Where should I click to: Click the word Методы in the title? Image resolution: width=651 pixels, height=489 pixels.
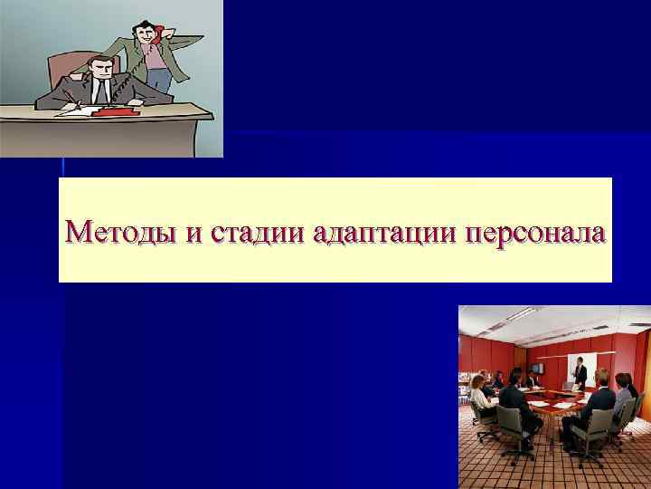pos(122,232)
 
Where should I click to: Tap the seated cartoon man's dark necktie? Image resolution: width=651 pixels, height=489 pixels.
pos(102,90)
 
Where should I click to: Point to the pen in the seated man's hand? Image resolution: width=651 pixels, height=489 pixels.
pos(71,98)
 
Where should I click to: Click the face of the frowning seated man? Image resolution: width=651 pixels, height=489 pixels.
pos(101,67)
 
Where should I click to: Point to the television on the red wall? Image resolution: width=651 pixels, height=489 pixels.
pos(537,368)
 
